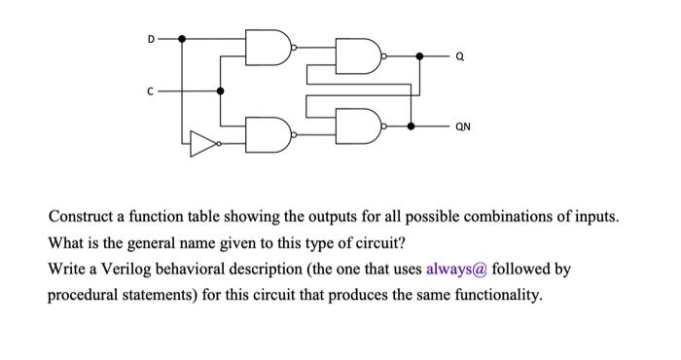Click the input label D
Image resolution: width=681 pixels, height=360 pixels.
pyautogui.click(x=150, y=39)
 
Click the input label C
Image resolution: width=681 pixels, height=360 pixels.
pyautogui.click(x=150, y=90)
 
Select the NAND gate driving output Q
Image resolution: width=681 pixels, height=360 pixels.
pyautogui.click(x=357, y=57)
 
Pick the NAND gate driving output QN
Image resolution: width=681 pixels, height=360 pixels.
pyautogui.click(x=357, y=126)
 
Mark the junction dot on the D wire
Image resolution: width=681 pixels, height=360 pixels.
pyautogui.click(x=183, y=39)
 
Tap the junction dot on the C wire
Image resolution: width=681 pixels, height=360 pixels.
pyautogui.click(x=220, y=90)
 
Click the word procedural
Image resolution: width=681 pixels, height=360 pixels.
pyautogui.click(x=92, y=295)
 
